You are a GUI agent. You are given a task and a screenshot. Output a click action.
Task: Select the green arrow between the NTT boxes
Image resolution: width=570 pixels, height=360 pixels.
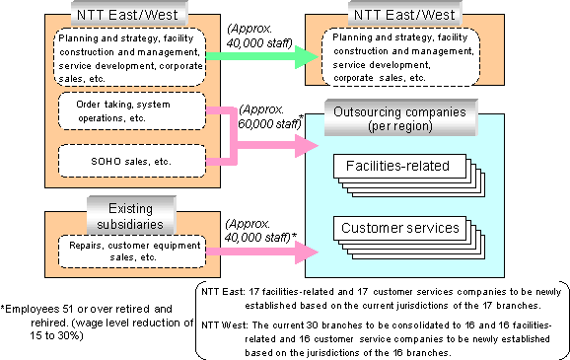point(262,57)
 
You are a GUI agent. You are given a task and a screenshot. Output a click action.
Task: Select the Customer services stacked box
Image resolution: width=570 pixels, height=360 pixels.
point(400,229)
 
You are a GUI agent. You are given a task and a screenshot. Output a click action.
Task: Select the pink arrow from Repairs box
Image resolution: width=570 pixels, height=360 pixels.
point(262,253)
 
